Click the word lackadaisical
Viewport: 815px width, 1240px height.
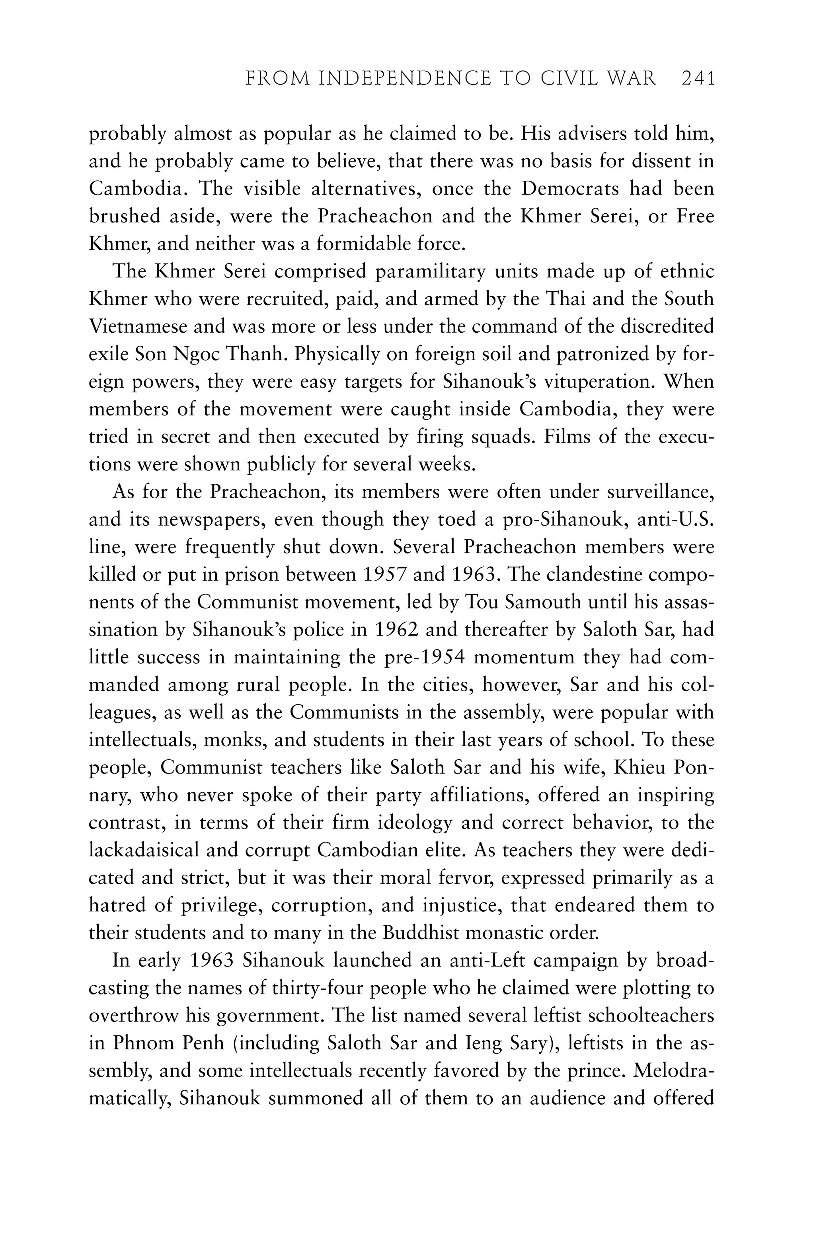[x=143, y=850]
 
